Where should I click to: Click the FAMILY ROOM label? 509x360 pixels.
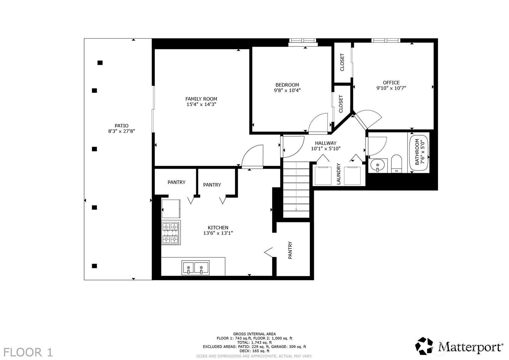coord(201,99)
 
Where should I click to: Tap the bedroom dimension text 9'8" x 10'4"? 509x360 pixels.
coord(287,90)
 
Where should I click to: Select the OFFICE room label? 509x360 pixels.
coord(391,83)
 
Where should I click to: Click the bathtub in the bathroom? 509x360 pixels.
coord(419,152)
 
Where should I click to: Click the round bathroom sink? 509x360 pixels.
coord(378,165)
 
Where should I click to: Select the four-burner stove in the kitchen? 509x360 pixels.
coord(171,233)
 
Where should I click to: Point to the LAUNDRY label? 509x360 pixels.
coord(338,174)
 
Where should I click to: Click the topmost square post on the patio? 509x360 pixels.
coord(100,63)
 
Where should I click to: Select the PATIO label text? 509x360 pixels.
coord(121,126)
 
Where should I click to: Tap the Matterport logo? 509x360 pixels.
coord(459,346)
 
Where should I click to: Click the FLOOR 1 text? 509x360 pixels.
coord(28,352)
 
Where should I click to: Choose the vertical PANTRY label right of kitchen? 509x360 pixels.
coord(290,250)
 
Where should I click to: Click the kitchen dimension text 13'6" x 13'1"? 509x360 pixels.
coord(218,233)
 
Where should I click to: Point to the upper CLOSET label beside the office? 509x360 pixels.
coord(342,62)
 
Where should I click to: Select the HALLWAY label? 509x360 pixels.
coord(325,143)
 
